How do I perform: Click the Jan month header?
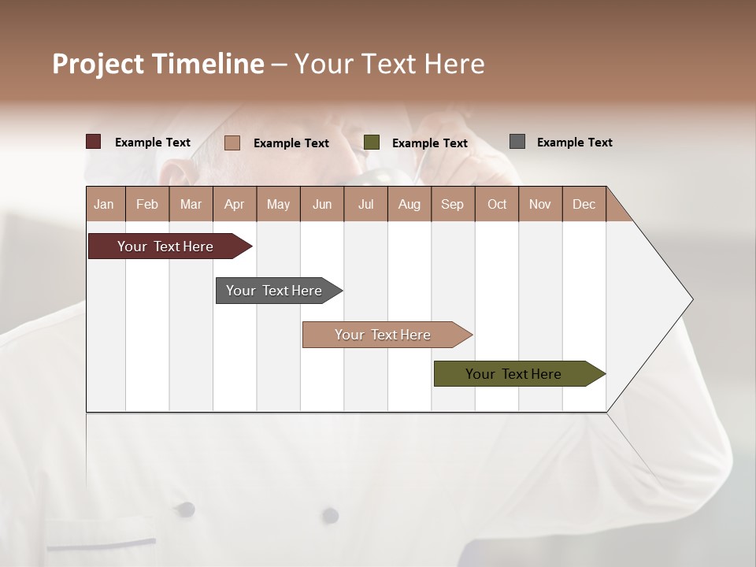pyautogui.click(x=105, y=204)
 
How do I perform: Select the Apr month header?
pyautogui.click(x=235, y=204)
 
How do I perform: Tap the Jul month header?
pyautogui.click(x=365, y=204)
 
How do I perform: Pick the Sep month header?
pyautogui.click(x=452, y=204)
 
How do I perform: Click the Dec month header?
pyautogui.click(x=584, y=204)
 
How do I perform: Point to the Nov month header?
pyautogui.click(x=540, y=204)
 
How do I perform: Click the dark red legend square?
pyautogui.click(x=93, y=142)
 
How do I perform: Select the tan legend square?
pyautogui.click(x=232, y=143)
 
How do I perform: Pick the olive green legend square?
pyautogui.click(x=371, y=143)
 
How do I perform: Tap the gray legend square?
pyautogui.click(x=517, y=142)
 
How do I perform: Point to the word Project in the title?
pyautogui.click(x=98, y=64)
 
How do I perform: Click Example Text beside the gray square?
pyautogui.click(x=574, y=142)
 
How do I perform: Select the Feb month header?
pyautogui.click(x=147, y=204)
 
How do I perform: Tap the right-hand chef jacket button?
pyautogui.click(x=331, y=516)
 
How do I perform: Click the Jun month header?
pyautogui.click(x=322, y=204)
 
